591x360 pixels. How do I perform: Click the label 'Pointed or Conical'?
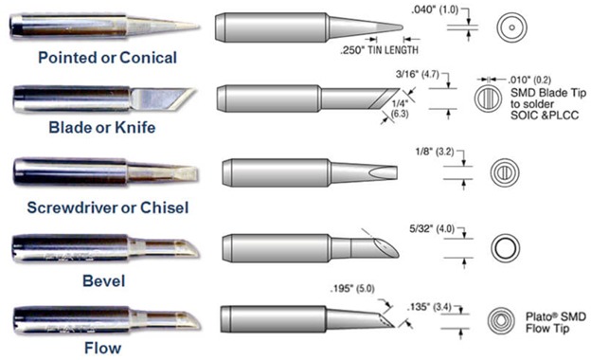(x=107, y=58)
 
